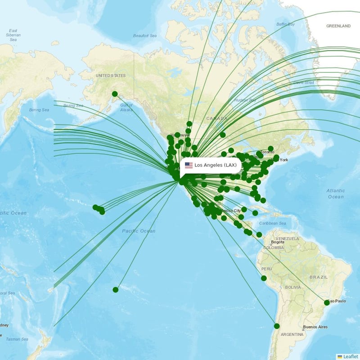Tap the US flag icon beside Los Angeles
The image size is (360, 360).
(189, 165)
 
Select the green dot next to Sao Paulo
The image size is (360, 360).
(327, 302)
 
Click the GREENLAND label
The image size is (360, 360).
(338, 26)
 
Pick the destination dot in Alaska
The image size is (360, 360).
(115, 94)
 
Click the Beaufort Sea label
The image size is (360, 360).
(144, 36)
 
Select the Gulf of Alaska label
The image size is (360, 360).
(126, 107)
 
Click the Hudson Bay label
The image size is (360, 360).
(245, 100)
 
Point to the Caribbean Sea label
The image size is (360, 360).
(273, 223)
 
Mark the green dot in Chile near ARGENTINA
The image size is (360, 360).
(277, 326)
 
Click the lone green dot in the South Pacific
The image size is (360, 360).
(116, 289)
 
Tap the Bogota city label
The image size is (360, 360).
(277, 242)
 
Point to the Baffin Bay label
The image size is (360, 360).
(285, 24)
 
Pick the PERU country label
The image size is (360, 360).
(267, 269)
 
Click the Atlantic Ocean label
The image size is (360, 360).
(336, 193)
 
